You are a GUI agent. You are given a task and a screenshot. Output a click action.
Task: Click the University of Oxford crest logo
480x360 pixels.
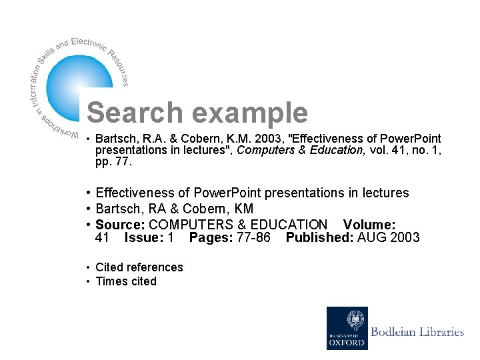(346, 327)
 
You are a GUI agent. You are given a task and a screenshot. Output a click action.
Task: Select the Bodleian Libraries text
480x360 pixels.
(417, 331)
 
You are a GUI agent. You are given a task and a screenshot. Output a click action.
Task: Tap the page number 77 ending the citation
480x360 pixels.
(123, 161)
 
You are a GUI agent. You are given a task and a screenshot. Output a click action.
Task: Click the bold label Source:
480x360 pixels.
(120, 224)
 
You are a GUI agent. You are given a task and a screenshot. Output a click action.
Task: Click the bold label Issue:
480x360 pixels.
(144, 237)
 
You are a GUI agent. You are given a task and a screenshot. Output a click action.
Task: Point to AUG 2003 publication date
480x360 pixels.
(389, 237)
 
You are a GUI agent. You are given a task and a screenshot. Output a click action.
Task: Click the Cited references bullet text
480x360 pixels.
(139, 267)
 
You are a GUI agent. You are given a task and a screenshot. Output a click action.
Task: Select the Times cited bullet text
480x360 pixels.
(125, 281)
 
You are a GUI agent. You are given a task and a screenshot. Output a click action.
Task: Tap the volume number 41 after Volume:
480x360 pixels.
(103, 237)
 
